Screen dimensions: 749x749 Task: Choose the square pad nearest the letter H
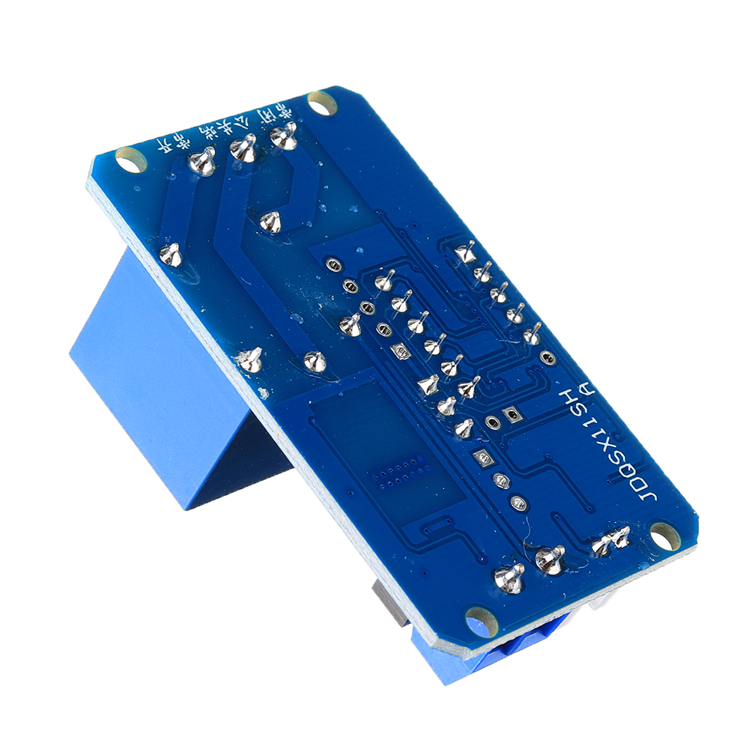[512, 413]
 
